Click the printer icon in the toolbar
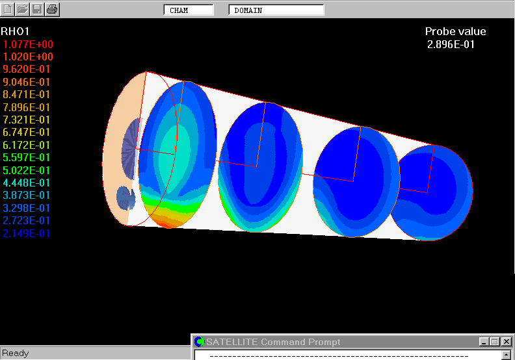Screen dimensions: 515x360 [x=52, y=9]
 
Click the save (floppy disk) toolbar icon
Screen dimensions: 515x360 [x=37, y=9]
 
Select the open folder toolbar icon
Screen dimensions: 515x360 [x=22, y=9]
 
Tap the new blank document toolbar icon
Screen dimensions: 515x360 [x=8, y=9]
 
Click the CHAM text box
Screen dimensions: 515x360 [x=189, y=10]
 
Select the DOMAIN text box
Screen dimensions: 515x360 [x=276, y=10]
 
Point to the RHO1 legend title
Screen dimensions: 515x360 [x=15, y=31]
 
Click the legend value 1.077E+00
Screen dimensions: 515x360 [x=28, y=44]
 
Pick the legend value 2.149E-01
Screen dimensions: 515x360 [x=26, y=234]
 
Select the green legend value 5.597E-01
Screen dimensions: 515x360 [x=26, y=158]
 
